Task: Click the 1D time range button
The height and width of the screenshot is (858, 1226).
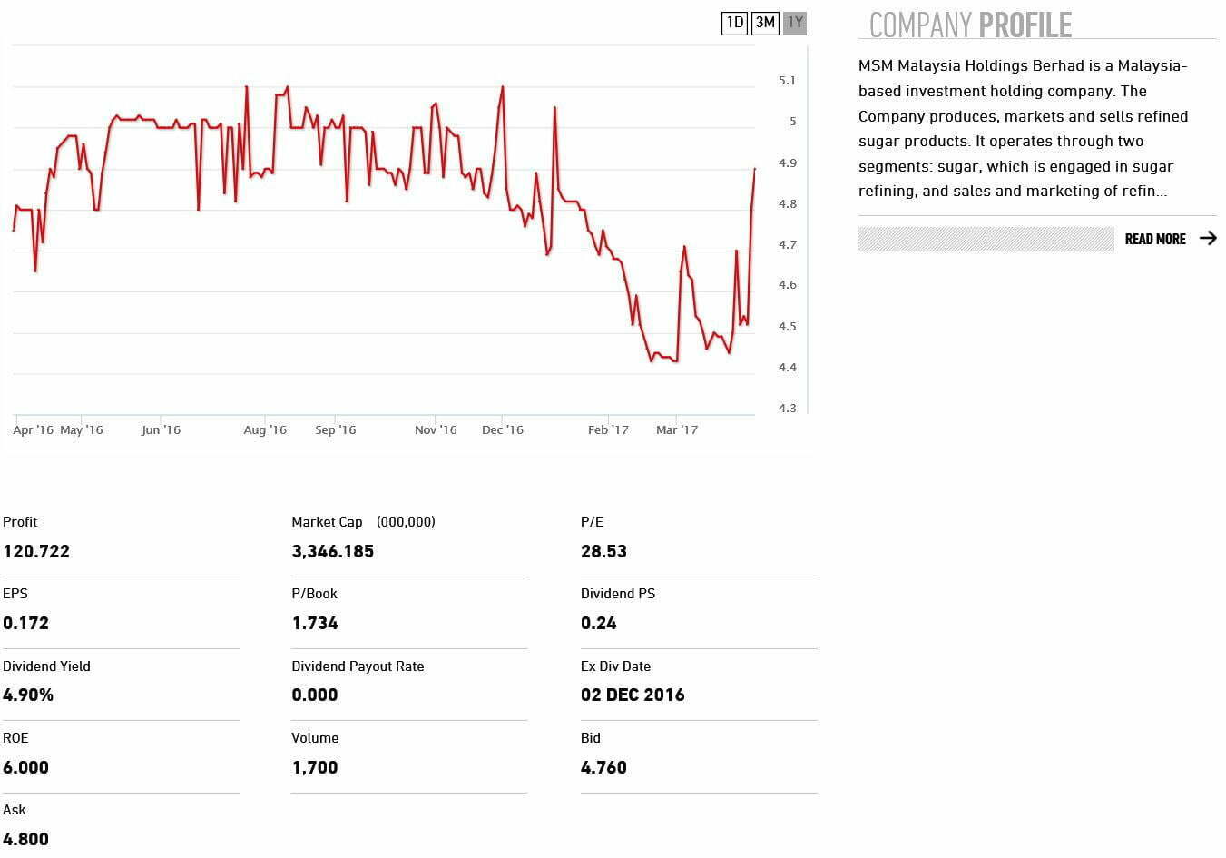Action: [x=734, y=23]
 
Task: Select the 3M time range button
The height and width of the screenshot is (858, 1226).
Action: [x=765, y=23]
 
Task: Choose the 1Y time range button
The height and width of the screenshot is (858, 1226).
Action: [x=795, y=23]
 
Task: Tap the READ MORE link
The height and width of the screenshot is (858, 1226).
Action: [x=1154, y=239]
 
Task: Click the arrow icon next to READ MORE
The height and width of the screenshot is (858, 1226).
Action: [x=1208, y=238]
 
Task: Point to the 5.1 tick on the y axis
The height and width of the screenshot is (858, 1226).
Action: [x=787, y=81]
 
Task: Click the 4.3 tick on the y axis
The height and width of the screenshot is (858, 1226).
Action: [x=787, y=409]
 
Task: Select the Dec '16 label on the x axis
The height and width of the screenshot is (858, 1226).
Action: [x=503, y=430]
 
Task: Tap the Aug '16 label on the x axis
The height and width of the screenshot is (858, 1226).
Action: [x=265, y=430]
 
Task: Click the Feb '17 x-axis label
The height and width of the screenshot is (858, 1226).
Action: [x=608, y=430]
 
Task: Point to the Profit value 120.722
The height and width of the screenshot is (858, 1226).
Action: [x=36, y=551]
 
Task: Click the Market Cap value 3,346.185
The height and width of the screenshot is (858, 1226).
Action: [x=332, y=551]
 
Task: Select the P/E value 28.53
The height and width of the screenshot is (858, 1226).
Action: [x=603, y=551]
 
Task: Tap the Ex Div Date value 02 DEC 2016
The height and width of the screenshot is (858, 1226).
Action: [x=633, y=695]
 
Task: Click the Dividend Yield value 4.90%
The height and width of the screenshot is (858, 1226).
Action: [x=28, y=695]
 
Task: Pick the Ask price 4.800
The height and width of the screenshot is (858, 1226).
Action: [x=25, y=839]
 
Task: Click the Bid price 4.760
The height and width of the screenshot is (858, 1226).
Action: [x=603, y=767]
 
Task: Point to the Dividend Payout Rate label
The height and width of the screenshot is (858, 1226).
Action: [x=358, y=666]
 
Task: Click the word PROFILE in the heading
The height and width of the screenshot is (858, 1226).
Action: [x=1025, y=25]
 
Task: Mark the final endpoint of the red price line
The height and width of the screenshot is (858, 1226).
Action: [x=754, y=169]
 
